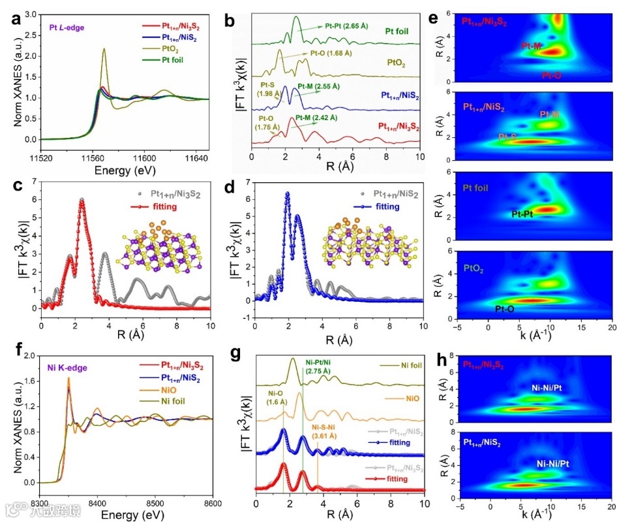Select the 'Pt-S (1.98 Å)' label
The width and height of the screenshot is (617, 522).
point(269,88)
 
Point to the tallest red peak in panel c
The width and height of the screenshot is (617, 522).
point(82,200)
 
